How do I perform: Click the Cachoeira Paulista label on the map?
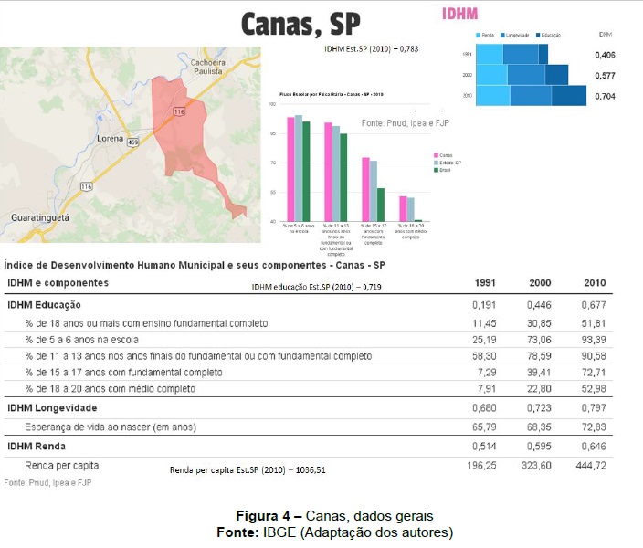pyautogui.click(x=208, y=68)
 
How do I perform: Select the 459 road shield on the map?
pyautogui.click(x=133, y=142)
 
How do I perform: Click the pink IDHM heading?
pyautogui.click(x=459, y=15)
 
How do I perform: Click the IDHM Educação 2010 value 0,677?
pyautogui.click(x=593, y=304)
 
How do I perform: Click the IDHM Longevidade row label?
pyautogui.click(x=52, y=407)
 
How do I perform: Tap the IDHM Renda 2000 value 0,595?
pyautogui.click(x=540, y=446)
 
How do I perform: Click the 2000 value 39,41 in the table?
pyautogui.click(x=539, y=373)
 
